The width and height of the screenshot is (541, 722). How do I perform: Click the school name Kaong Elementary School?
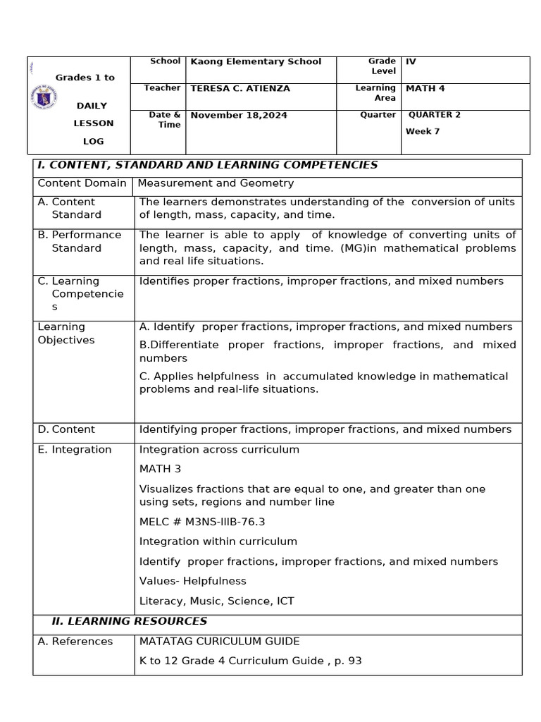[x=256, y=61]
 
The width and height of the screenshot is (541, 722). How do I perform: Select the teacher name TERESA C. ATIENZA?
[x=240, y=89]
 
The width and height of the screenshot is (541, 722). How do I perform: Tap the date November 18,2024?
[x=239, y=115]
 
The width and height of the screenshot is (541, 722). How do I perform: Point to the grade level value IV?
[x=411, y=61]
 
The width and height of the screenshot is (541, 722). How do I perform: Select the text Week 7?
[x=423, y=131]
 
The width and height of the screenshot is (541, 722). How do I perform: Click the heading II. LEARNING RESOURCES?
[x=130, y=621]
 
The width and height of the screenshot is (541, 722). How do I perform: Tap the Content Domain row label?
[x=82, y=183]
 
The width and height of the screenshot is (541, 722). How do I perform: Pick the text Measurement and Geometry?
[x=216, y=183]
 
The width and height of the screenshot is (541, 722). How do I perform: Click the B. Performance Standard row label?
[x=79, y=241]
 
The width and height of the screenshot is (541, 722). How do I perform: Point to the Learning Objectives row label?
[x=66, y=334]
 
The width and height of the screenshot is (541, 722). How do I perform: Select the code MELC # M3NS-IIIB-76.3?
[x=202, y=522]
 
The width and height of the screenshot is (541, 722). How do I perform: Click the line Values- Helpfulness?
[x=193, y=581]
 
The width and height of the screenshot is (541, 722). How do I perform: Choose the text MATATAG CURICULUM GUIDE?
[x=219, y=641]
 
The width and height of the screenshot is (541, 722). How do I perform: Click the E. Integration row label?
[x=75, y=449]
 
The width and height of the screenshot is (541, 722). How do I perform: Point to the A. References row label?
[x=75, y=641]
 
